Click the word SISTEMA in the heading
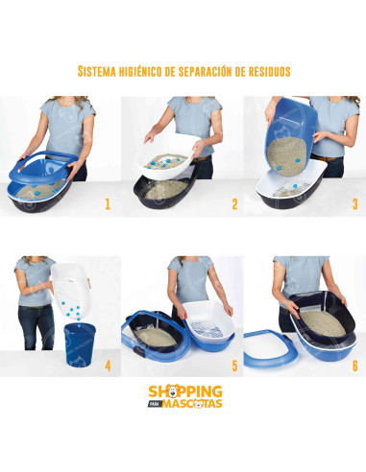point(97,71)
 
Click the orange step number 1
point(108,203)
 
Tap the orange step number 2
point(234,203)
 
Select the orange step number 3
point(354,203)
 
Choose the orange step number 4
point(108,366)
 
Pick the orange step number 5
point(235,366)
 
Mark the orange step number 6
point(354,366)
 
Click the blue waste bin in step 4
point(80,344)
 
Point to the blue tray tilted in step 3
point(290,137)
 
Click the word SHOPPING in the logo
point(185,391)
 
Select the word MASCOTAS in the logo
point(192,403)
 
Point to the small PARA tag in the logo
point(155,404)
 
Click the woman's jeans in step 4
point(37,327)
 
